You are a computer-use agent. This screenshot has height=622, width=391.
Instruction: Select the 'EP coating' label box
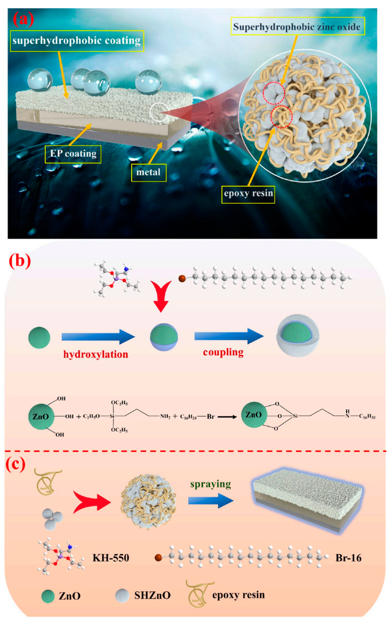pos(73,154)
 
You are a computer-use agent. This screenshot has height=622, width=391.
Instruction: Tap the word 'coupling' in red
pos(223,352)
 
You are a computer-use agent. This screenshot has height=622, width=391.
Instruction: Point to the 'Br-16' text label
pos(348,558)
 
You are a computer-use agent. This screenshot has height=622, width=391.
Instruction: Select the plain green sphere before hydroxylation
pos(39,337)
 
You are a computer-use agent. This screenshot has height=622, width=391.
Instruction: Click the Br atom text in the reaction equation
pos(211,416)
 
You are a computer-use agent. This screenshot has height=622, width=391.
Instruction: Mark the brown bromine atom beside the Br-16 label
pos(158,558)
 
